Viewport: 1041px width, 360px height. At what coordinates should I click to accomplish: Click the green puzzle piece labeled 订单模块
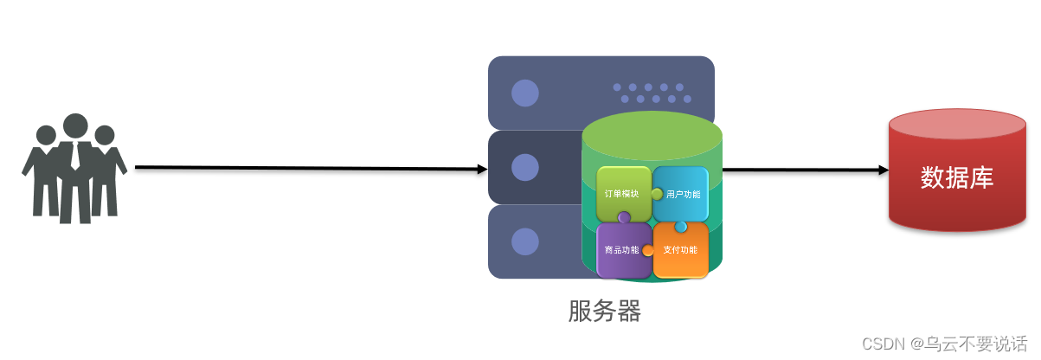622,192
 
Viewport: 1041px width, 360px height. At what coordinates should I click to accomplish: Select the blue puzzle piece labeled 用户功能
681,193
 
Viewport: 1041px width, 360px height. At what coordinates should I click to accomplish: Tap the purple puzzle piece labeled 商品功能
622,250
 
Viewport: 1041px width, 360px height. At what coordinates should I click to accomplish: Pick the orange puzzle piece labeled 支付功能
680,251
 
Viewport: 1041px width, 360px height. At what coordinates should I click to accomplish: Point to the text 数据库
957,177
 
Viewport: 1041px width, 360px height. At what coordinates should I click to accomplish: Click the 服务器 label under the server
605,311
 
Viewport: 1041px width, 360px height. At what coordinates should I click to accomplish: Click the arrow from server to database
805,170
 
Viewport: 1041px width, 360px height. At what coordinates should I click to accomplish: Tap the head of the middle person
75,125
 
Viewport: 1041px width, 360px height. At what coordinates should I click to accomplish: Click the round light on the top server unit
524,93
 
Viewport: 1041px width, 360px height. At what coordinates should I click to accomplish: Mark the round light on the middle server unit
524,166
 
